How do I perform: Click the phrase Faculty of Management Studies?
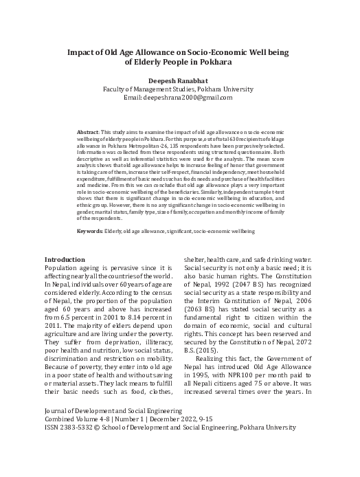[146, 89]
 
